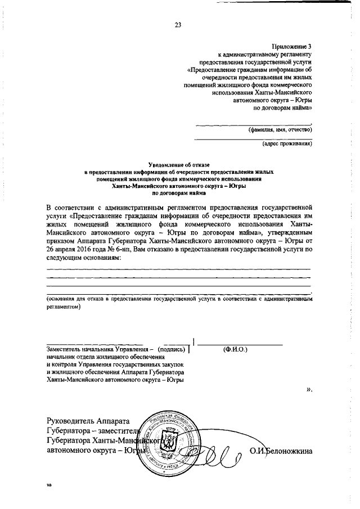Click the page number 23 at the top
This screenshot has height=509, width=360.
click(178, 25)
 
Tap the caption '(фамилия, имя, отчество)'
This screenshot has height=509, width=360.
click(280, 129)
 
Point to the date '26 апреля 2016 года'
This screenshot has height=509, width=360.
click(79, 247)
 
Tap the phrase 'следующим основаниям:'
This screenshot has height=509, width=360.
click(84, 256)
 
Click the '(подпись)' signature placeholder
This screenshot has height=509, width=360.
click(171, 349)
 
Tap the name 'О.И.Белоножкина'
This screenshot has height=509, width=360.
click(282, 451)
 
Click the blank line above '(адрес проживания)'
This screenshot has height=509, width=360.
click(253, 138)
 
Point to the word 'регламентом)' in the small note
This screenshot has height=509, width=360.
click(64, 308)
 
